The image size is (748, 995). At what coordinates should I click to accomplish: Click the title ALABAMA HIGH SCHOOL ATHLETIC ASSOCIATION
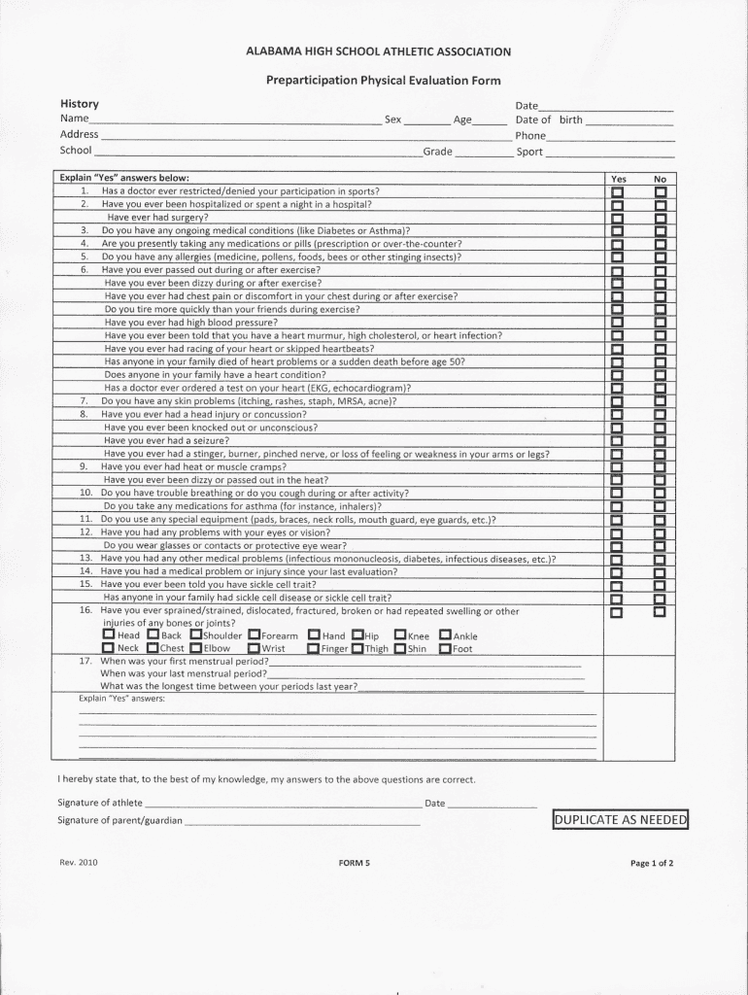(379, 51)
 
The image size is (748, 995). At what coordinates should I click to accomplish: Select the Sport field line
(609, 154)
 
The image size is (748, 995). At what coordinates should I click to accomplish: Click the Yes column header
(618, 180)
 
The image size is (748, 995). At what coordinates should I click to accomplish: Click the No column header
(661, 180)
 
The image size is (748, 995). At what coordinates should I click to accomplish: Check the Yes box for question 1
(617, 192)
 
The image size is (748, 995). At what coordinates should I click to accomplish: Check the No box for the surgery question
(661, 219)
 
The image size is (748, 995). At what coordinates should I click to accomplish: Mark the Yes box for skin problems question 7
(617, 401)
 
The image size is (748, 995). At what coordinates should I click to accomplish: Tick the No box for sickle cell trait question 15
(661, 585)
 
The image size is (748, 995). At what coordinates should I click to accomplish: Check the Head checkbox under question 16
(109, 635)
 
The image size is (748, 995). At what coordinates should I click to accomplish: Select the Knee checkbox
(400, 635)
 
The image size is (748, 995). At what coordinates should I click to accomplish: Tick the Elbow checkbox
(196, 648)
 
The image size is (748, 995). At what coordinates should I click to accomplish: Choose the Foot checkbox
(445, 648)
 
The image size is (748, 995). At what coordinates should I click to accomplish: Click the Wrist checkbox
(254, 648)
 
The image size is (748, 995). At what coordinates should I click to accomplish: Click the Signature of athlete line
(282, 806)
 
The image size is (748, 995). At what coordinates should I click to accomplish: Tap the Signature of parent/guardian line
(301, 823)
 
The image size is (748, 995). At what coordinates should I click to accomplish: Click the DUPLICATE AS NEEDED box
(620, 820)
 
